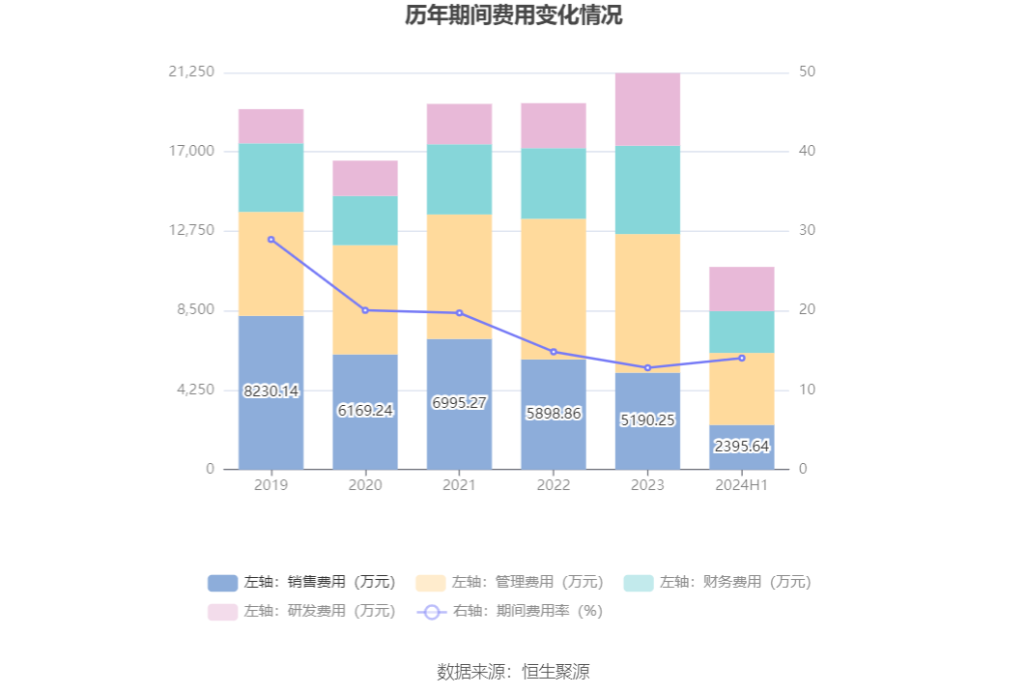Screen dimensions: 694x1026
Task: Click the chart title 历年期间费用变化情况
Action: pos(513,16)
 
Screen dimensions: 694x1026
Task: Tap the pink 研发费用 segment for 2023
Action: pos(647,109)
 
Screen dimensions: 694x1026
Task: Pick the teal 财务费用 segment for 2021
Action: pos(459,179)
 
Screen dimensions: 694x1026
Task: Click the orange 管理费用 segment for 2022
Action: pos(554,288)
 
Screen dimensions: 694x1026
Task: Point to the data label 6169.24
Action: pos(365,410)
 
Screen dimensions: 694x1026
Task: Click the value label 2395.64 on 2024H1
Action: pos(742,446)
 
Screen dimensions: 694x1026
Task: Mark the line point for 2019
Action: pos(271,239)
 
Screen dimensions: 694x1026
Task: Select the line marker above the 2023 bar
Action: pos(647,368)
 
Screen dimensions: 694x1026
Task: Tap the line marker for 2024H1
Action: pos(742,358)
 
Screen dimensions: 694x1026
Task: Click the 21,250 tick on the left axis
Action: pos(191,72)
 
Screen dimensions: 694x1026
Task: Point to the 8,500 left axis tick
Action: pos(196,310)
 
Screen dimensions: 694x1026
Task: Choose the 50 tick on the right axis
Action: pos(808,72)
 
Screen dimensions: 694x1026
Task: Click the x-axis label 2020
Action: pos(365,485)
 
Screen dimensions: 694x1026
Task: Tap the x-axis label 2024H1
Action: pos(742,485)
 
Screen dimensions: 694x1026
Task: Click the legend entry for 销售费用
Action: pos(301,582)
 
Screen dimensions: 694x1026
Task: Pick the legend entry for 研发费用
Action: pos(301,611)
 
